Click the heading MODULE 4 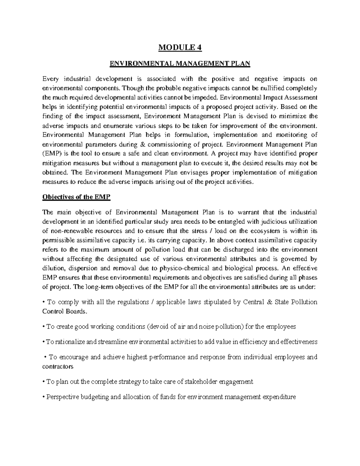(180, 48)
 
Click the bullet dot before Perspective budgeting (44, 397)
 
